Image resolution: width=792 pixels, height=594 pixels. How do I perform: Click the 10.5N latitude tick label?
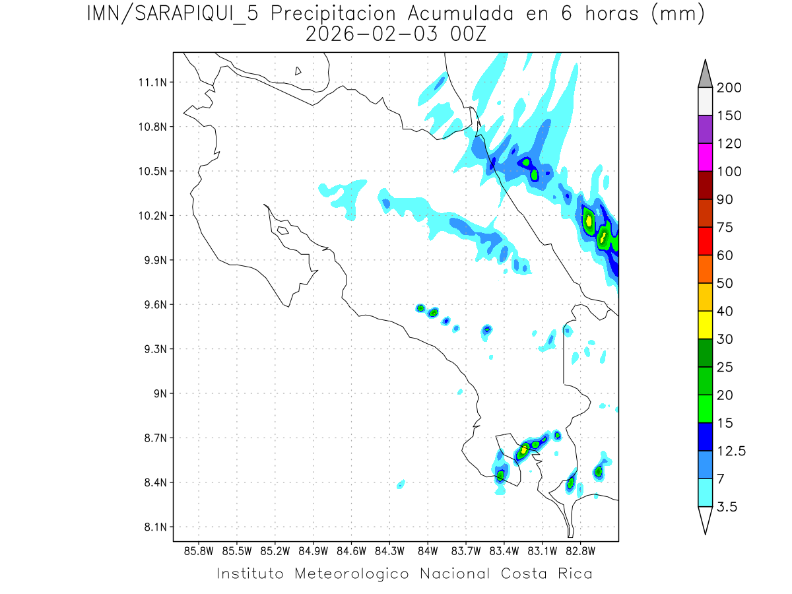point(151,171)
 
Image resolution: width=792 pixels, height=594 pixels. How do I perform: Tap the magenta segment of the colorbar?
point(705,157)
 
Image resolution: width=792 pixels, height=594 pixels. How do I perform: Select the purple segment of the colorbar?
point(705,129)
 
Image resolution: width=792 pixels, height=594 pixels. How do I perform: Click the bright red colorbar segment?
point(705,241)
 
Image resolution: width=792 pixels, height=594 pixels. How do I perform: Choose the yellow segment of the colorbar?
point(705,324)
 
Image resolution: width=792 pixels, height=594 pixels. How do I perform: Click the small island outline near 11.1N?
point(298,71)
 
